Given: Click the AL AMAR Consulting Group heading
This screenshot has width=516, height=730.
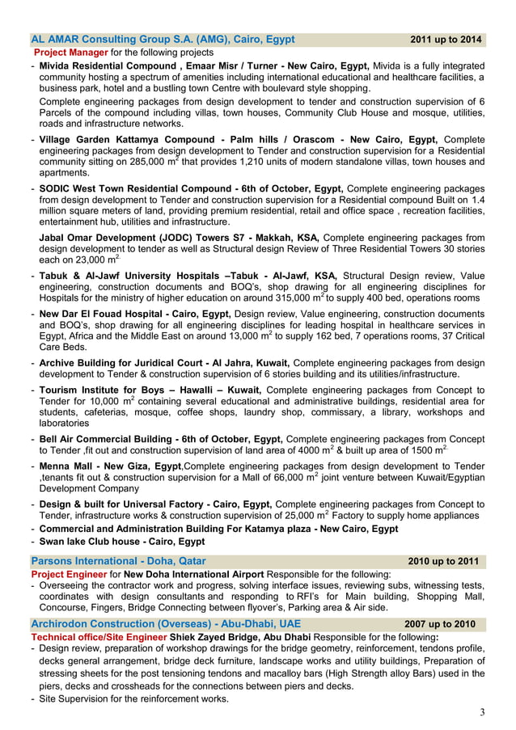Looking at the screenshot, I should [162, 39].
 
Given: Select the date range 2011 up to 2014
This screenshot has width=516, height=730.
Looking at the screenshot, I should [446, 40].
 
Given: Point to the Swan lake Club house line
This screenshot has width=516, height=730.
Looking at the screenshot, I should [122, 542].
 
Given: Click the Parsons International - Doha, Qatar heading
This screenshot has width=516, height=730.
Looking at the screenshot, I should [118, 561].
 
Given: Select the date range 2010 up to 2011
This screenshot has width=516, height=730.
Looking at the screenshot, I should [443, 562].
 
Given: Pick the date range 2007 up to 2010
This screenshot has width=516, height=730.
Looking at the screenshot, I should [441, 625].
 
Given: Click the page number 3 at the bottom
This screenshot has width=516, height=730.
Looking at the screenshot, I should [482, 712].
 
